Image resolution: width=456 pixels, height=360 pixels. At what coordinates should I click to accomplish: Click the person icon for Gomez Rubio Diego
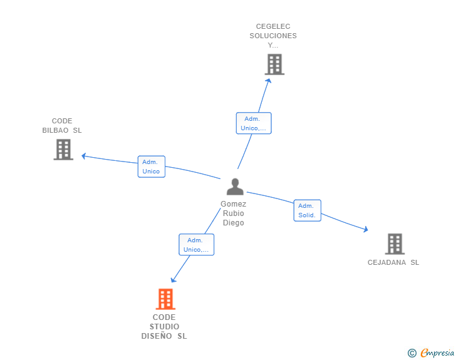(x=235, y=187)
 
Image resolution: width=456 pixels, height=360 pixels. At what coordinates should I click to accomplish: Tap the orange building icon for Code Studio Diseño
(x=165, y=299)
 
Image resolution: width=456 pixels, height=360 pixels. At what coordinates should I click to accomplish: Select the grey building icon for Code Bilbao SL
(x=63, y=150)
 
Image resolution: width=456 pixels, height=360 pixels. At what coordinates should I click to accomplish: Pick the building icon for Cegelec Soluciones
(x=274, y=64)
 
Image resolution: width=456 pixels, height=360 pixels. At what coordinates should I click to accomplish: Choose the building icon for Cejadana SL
(x=394, y=244)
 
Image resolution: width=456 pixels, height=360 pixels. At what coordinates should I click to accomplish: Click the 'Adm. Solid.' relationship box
(x=307, y=210)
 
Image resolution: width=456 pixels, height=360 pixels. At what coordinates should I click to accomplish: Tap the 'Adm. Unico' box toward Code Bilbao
(x=151, y=167)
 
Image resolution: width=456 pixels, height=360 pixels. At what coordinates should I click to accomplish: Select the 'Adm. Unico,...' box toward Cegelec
(x=253, y=123)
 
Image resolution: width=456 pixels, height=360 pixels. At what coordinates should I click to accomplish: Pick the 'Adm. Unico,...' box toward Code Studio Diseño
(x=196, y=245)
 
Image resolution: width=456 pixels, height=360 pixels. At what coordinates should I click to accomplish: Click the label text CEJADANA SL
(x=393, y=262)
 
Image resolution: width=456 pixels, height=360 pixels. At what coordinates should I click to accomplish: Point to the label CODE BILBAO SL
(x=62, y=126)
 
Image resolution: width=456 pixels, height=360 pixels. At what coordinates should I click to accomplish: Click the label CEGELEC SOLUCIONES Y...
(x=273, y=36)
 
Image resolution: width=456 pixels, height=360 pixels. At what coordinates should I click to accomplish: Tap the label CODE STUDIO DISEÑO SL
(x=164, y=327)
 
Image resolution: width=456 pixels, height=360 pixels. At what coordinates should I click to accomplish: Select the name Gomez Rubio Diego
(x=234, y=213)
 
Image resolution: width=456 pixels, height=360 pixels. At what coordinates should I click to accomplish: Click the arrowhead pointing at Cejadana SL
(x=365, y=230)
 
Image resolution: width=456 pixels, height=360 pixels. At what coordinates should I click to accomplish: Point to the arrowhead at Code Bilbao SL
(x=84, y=156)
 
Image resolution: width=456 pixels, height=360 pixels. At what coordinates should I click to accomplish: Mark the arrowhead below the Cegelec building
(x=269, y=80)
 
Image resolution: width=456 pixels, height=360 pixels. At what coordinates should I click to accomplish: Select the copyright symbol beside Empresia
(x=412, y=353)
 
